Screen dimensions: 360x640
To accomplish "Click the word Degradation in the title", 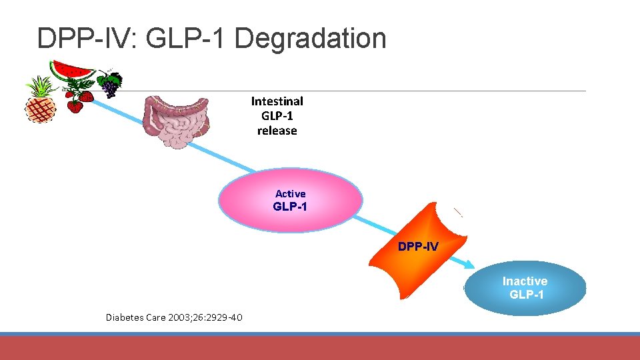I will tap(310, 39).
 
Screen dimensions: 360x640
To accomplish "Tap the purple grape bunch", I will tap(110, 85).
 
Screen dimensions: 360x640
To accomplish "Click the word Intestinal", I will tap(277, 101).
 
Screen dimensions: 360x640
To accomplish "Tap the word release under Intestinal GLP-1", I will tap(277, 131).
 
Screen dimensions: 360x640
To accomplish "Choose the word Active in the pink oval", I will tap(291, 194).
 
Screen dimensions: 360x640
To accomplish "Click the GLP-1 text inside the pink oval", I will tap(291, 207).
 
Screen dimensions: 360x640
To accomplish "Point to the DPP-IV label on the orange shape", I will tap(418, 247).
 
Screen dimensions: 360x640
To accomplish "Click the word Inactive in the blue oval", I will tap(525, 281).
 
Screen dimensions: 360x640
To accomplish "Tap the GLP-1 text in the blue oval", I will tap(526, 295).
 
